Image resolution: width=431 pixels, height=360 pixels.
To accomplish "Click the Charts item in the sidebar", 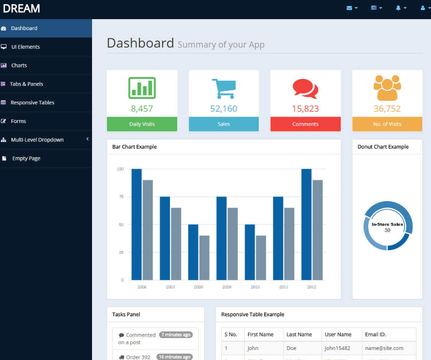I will coord(19,66).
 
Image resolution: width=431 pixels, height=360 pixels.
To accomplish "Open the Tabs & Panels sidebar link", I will coord(26,84).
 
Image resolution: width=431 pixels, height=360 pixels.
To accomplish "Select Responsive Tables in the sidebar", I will coord(32,103).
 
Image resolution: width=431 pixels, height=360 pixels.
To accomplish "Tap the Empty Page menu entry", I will coord(26,159).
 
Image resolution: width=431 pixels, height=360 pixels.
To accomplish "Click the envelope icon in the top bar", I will coord(349,8).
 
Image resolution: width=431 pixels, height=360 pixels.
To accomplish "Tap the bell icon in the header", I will coord(398,8).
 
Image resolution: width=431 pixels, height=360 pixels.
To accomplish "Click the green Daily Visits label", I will coord(142,124).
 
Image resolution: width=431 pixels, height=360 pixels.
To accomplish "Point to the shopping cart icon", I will coord(224,89).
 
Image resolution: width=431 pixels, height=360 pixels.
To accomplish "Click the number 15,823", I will coord(305,109).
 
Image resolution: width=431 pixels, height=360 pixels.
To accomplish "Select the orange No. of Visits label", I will coord(387,124).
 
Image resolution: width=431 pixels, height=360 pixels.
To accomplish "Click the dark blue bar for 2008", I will coord(193,252).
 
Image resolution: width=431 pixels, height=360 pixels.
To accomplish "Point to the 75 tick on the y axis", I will coord(120,197).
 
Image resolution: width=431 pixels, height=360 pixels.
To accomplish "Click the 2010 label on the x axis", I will coord(255,287).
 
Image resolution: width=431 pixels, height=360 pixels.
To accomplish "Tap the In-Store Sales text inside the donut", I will coord(387,225).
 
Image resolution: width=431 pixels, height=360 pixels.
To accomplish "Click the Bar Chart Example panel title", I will coord(134,147).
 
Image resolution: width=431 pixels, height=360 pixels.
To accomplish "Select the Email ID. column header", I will coord(375,334).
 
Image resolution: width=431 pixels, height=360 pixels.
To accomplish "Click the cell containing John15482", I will coord(337,348).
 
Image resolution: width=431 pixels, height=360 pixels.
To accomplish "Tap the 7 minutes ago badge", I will coord(176,335).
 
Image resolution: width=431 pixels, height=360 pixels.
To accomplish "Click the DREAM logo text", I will coord(21,8).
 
